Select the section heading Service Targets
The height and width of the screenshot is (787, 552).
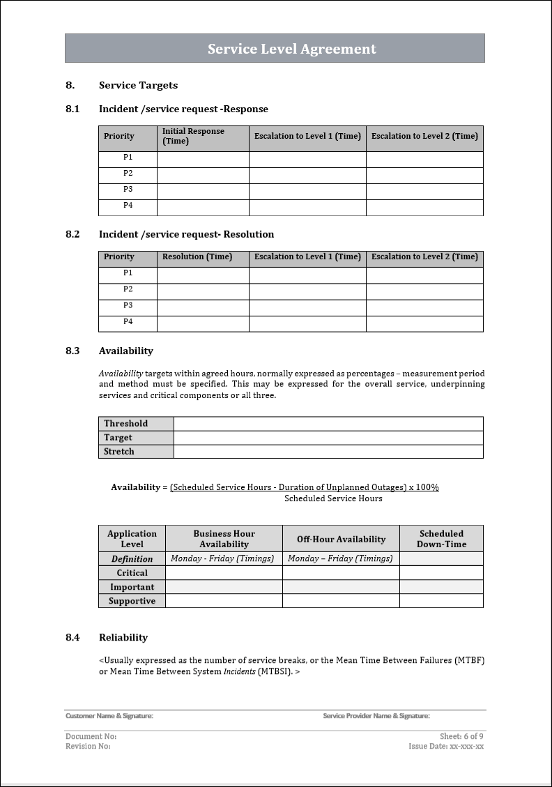(138, 85)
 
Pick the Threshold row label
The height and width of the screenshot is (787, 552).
(126, 423)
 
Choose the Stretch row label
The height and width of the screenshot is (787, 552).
(119, 451)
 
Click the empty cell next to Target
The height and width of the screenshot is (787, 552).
(328, 437)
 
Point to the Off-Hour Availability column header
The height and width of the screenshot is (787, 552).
(341, 539)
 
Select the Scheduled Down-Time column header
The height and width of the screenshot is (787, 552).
(441, 539)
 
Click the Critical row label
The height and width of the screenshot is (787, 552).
(132, 572)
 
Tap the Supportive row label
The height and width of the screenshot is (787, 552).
(132, 600)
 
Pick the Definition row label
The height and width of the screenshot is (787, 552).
(132, 558)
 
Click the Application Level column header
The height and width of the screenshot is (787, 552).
(132, 539)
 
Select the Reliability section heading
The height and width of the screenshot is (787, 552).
(123, 637)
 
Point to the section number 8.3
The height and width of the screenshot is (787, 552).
(72, 351)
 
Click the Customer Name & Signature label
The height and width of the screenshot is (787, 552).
(109, 716)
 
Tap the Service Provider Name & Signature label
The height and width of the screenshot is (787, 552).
(376, 716)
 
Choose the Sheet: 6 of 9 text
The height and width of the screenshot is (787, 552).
(461, 736)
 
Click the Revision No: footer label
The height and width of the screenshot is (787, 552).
(88, 746)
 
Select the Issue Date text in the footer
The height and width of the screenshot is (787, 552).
(446, 746)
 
